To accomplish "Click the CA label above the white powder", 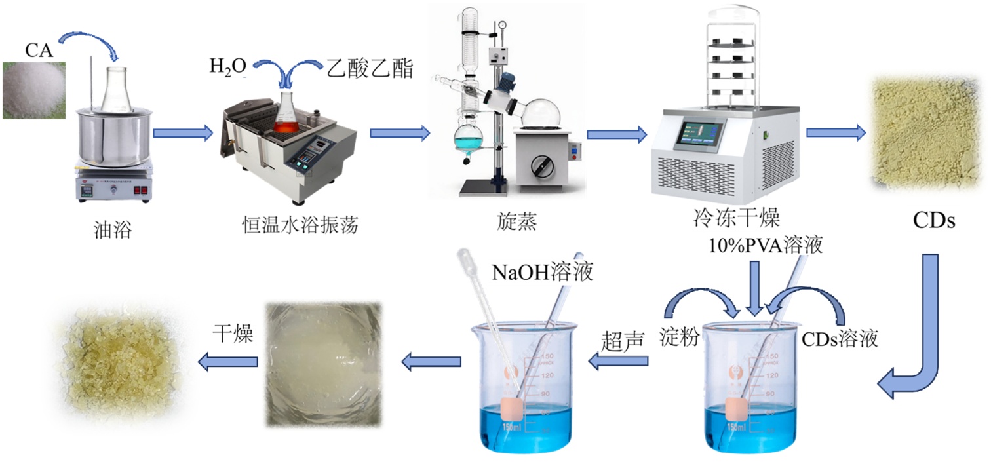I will coord(39,49).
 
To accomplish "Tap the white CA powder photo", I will coord(33,90).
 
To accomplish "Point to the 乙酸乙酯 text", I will coord(370,67).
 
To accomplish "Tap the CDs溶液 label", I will coord(840,339).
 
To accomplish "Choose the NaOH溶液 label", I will coord(543,272).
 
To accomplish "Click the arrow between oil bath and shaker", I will coord(184,134).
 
